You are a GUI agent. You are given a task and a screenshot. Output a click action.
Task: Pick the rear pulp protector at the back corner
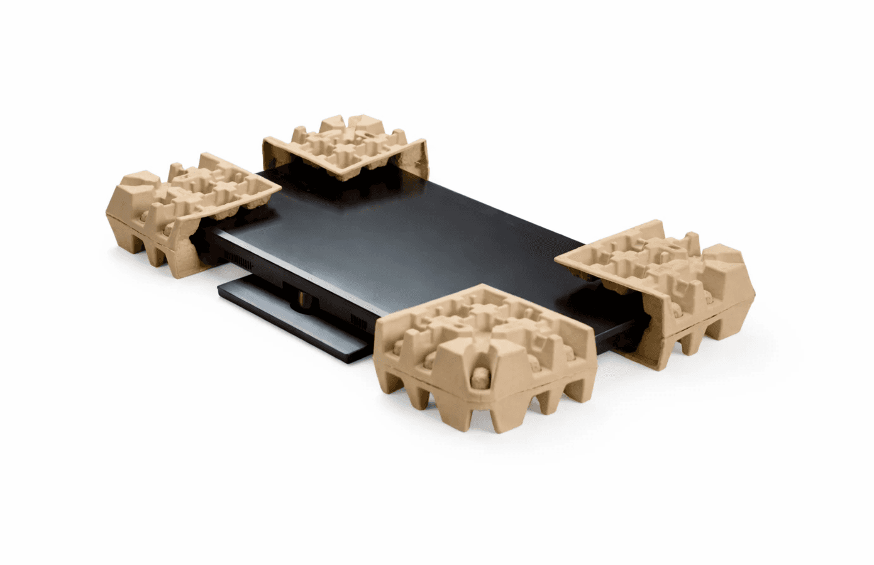click(346, 148)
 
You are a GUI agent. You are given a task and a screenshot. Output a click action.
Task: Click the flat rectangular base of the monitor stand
click(289, 314)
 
